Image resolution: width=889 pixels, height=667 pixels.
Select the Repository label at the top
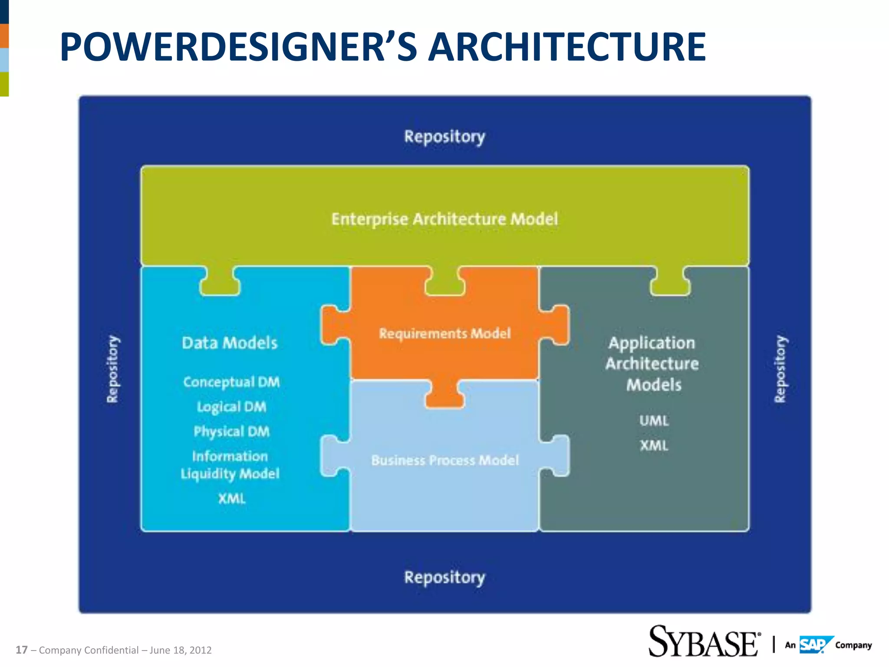[444, 137]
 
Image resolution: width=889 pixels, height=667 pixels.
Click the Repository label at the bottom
[444, 578]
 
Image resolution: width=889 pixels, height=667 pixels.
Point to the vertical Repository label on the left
[113, 369]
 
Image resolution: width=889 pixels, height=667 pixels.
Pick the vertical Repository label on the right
[780, 369]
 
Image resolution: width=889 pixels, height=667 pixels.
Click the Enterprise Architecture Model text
[444, 219]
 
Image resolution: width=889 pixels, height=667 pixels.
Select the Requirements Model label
[444, 333]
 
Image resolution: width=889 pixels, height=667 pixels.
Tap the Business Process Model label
[444, 460]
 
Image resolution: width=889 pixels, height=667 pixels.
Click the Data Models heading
[230, 343]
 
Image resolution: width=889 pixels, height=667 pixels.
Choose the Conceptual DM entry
[231, 382]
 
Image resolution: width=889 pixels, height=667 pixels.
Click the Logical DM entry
[231, 407]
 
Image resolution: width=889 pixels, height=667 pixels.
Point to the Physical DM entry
[231, 432]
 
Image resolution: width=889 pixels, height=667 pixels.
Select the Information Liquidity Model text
[230, 465]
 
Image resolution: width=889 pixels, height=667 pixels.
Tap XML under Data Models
[232, 499]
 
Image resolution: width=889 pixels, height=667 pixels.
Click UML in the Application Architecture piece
[654, 420]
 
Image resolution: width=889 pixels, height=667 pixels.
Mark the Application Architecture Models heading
[652, 363]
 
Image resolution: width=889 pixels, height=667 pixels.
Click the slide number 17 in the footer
[22, 650]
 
